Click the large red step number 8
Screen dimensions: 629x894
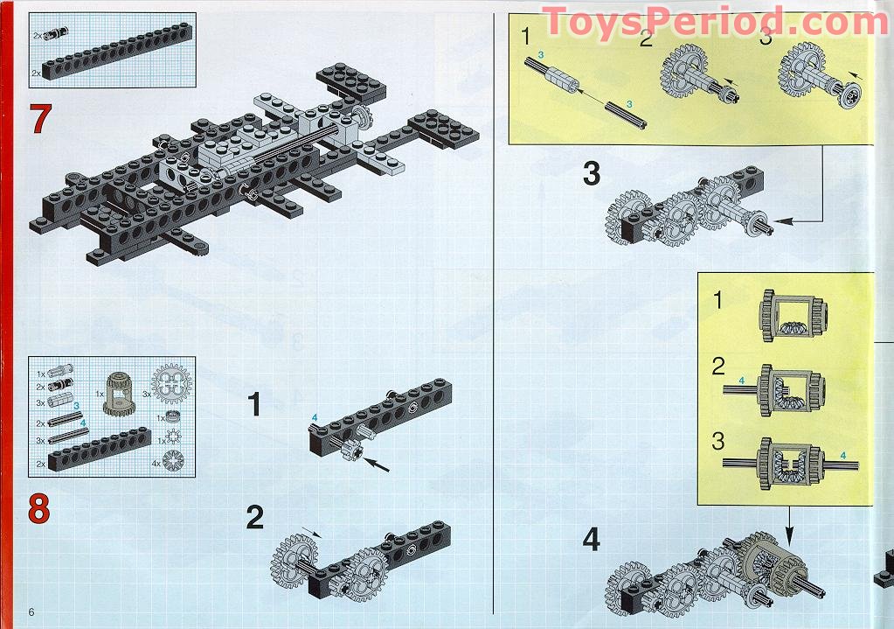pyautogui.click(x=38, y=508)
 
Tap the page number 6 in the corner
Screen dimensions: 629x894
pyautogui.click(x=31, y=611)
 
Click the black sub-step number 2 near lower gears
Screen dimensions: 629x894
pyautogui.click(x=254, y=517)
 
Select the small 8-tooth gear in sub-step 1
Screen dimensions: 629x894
pyautogui.click(x=350, y=451)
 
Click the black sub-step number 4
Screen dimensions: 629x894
pyautogui.click(x=592, y=540)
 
